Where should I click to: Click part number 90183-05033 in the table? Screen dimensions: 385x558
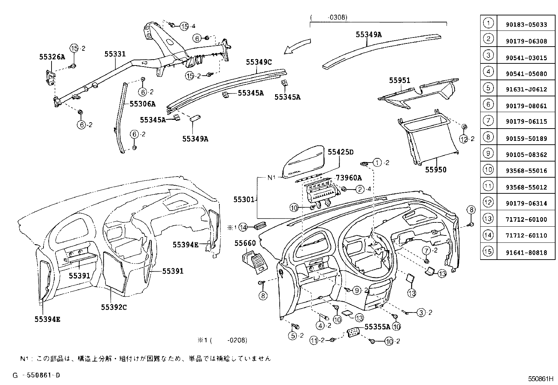pos(526,25)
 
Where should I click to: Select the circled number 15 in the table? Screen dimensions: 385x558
pos(488,252)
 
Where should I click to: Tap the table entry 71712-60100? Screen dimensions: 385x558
pos(526,220)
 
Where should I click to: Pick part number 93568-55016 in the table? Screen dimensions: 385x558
pos(526,171)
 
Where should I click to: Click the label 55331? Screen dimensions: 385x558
pos(115,54)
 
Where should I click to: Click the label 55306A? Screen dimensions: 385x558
pos(142,104)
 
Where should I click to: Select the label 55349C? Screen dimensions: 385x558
pos(259,62)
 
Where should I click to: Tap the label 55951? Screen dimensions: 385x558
pos(399,80)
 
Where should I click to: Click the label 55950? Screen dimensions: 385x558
pos(436,170)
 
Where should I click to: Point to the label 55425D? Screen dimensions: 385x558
pos(341,152)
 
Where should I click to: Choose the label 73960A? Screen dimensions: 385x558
pos(349,178)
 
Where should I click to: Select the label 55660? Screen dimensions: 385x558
pos(245,243)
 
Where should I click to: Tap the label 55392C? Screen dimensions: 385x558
pos(114,307)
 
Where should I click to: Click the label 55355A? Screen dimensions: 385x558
pos(377,326)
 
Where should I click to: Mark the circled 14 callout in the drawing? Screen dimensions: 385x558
pos(243,227)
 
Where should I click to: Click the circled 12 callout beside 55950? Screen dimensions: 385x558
pos(464,139)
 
